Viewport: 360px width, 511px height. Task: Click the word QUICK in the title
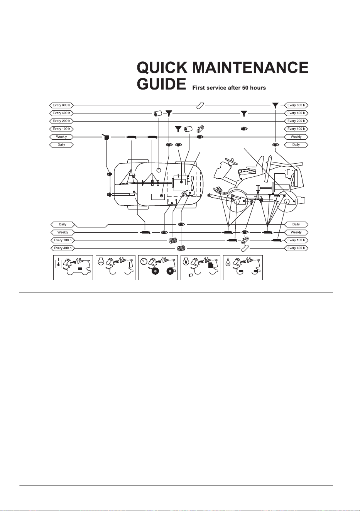(162, 68)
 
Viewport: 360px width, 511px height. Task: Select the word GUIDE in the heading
(161, 84)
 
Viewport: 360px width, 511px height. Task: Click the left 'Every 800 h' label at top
(61, 105)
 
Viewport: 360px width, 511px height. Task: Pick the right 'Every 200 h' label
(296, 121)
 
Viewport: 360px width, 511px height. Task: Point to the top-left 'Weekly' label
(61, 137)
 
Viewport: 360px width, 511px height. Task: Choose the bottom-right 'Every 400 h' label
(296, 248)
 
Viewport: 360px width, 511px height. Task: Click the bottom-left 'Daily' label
(63, 225)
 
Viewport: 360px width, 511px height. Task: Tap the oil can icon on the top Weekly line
(106, 137)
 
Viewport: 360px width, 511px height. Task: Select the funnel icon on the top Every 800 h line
(275, 105)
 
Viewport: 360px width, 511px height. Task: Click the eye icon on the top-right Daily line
(275, 145)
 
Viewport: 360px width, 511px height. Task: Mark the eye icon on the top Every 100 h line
(244, 129)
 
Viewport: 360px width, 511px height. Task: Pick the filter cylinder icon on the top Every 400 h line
(158, 113)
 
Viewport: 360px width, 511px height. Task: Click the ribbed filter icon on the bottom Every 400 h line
(181, 248)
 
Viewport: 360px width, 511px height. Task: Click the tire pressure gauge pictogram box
(158, 267)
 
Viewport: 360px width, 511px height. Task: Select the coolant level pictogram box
(115, 267)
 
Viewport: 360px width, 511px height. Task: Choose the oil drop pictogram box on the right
(243, 267)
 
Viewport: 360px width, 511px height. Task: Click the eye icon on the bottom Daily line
(181, 225)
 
